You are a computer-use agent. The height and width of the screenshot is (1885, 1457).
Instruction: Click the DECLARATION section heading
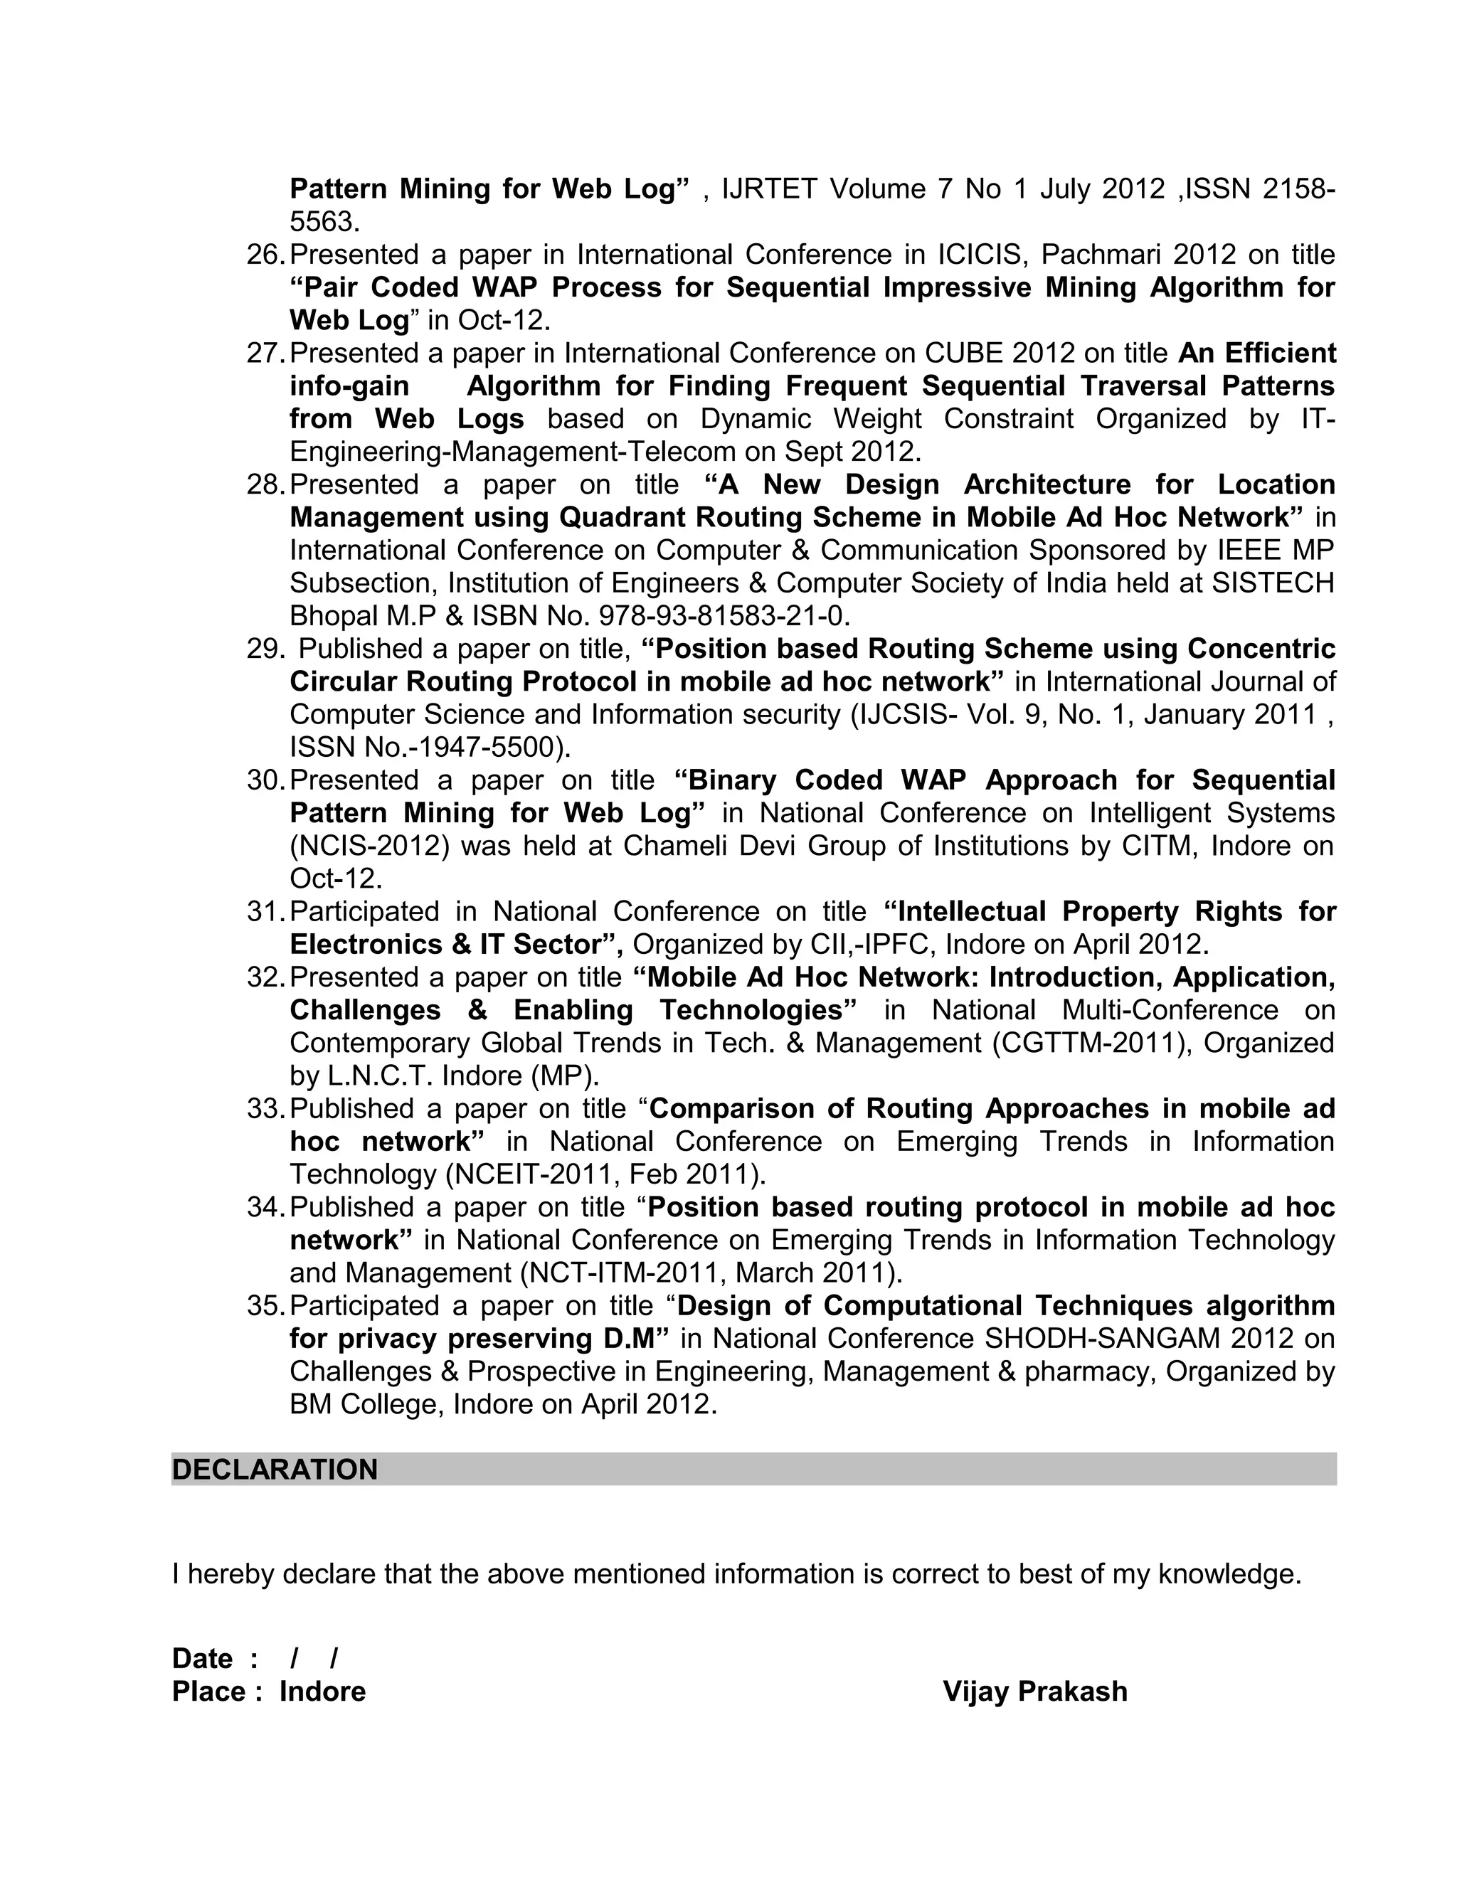275,1469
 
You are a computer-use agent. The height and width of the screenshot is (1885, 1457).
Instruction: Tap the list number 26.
264,255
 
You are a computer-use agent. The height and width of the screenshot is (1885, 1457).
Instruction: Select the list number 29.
264,649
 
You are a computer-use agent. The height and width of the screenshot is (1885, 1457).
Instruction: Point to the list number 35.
264,1306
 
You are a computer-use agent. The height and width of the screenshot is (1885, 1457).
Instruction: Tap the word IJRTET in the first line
769,189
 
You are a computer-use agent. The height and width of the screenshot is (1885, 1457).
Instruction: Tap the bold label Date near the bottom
202,1658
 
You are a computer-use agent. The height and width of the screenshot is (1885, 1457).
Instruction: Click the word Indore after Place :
322,1691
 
